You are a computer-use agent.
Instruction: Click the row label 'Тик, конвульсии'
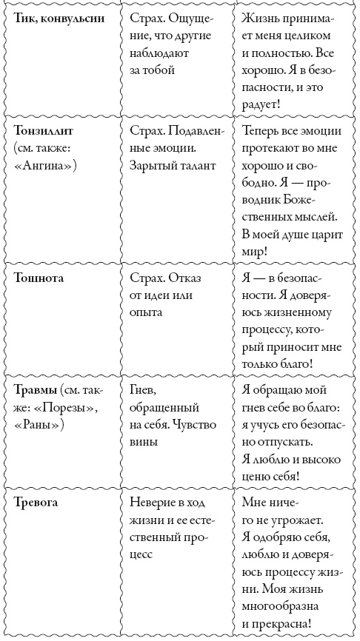click(x=59, y=16)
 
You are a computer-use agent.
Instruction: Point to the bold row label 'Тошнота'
click(x=39, y=278)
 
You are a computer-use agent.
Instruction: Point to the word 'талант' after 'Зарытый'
click(x=196, y=165)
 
